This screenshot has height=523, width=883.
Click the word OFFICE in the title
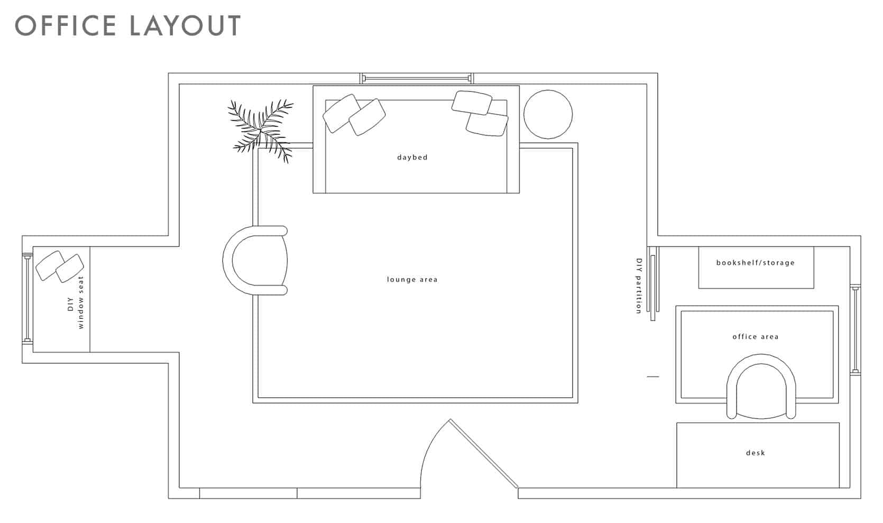click(x=66, y=25)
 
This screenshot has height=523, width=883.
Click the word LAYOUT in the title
click(x=185, y=25)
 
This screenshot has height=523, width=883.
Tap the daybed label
click(x=412, y=157)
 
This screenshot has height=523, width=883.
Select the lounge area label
click(x=412, y=279)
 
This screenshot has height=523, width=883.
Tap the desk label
click(x=755, y=453)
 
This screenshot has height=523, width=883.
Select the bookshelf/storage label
click(x=755, y=262)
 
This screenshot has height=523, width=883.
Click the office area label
click(x=755, y=336)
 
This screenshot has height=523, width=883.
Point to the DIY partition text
click(x=639, y=286)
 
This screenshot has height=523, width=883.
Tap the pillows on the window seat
click(x=60, y=267)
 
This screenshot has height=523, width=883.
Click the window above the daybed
click(x=417, y=78)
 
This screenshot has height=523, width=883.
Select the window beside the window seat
click(x=27, y=298)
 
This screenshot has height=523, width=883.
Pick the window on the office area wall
click(x=856, y=329)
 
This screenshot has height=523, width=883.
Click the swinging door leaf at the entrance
click(x=484, y=454)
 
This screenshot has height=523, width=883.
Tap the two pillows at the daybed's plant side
click(x=354, y=115)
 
